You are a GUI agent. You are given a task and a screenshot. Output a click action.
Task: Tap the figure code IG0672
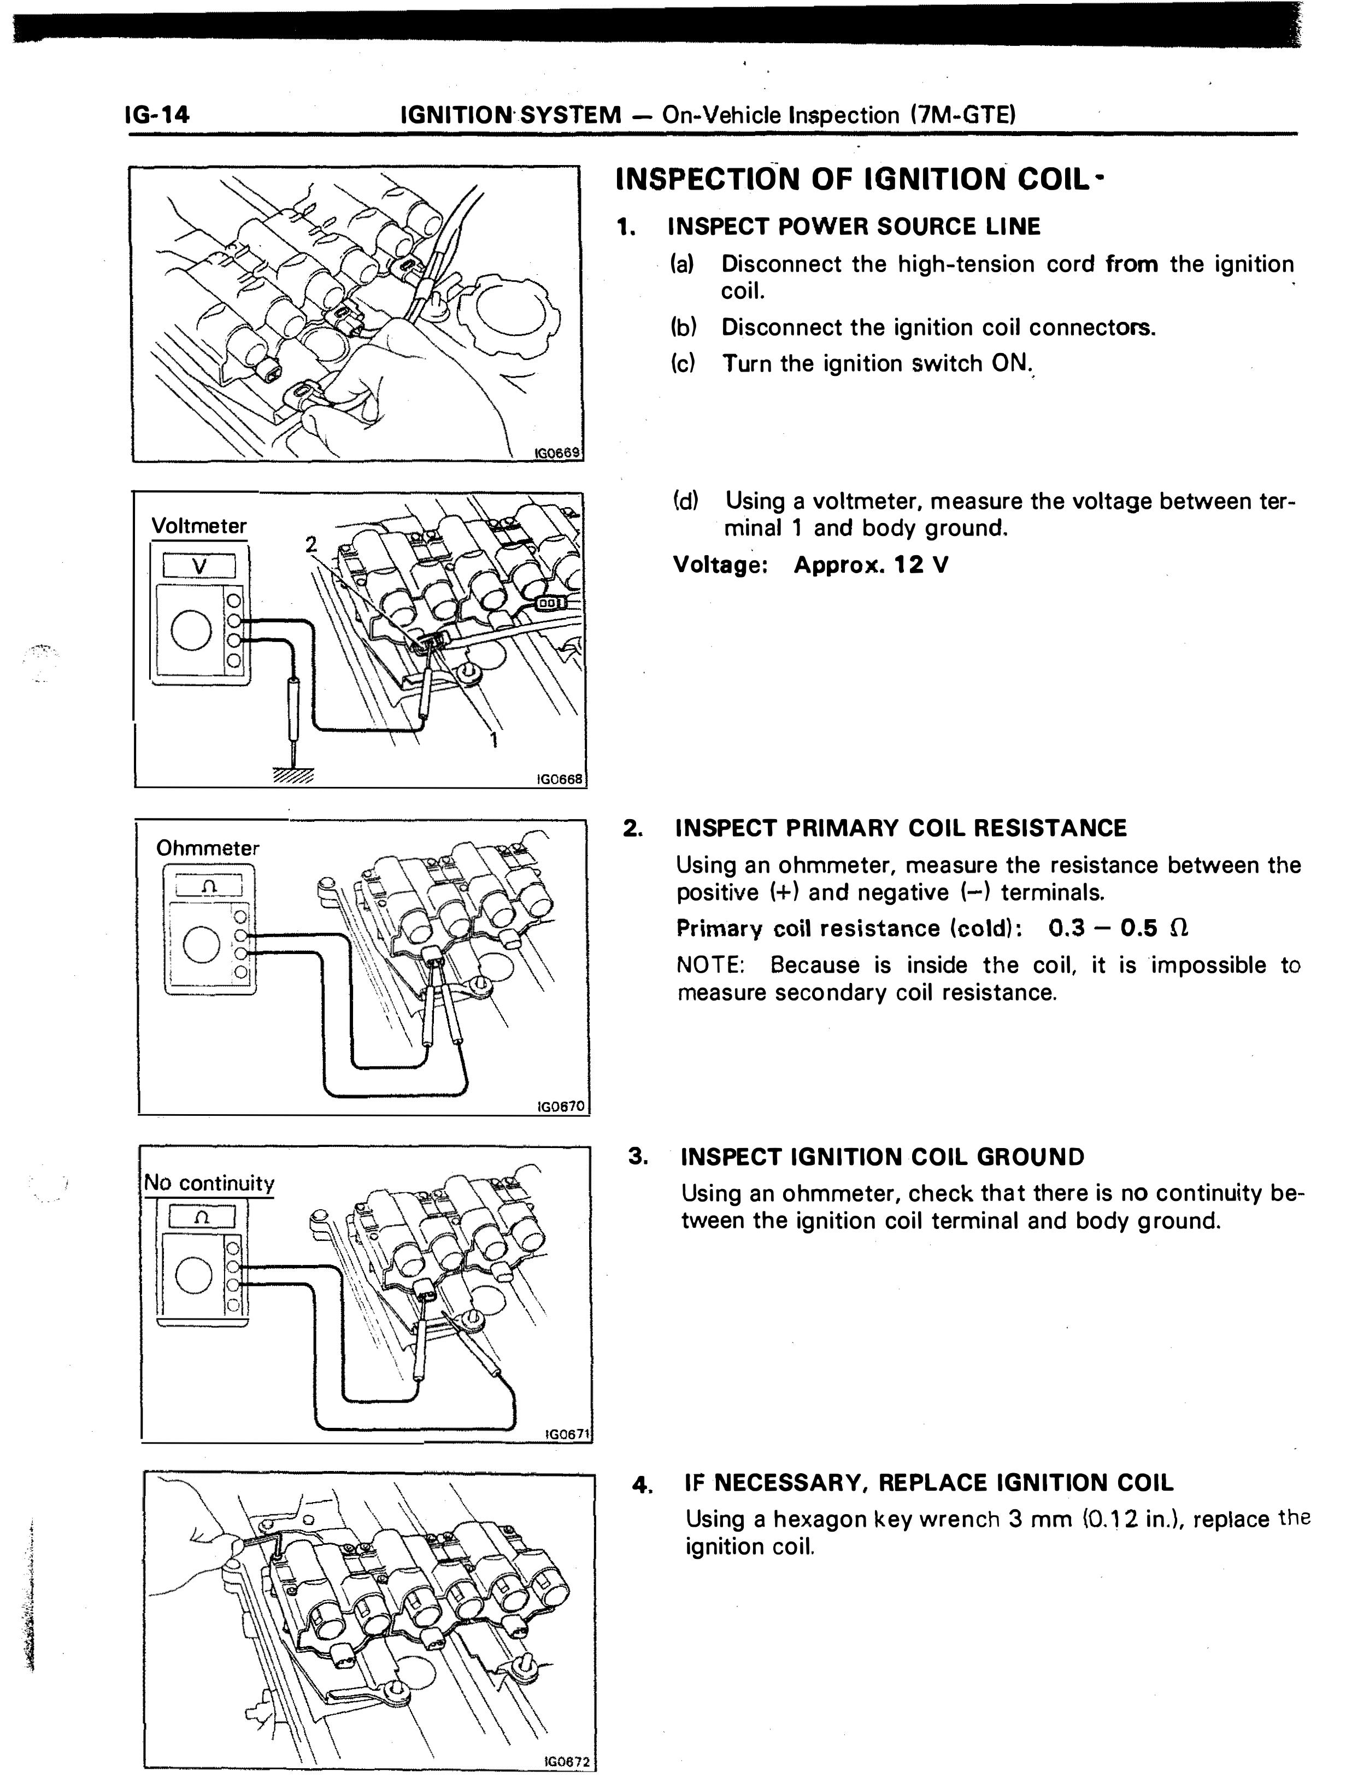[x=567, y=1762]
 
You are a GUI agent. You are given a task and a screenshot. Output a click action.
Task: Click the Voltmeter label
[x=199, y=526]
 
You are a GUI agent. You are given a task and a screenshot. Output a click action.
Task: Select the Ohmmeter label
[x=208, y=848]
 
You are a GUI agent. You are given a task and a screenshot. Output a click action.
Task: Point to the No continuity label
[x=209, y=1183]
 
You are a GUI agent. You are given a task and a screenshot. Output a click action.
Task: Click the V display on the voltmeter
[x=199, y=566]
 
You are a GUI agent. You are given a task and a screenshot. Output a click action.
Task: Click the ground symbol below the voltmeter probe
[x=292, y=775]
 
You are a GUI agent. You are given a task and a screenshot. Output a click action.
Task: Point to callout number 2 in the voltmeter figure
[x=310, y=544]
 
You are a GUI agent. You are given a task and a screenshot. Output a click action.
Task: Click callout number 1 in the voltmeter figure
[x=494, y=739]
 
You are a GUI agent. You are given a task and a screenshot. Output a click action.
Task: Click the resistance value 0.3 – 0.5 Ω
[x=1119, y=928]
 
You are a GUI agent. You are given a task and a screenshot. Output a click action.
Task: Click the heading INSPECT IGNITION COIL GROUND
[x=883, y=1157]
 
